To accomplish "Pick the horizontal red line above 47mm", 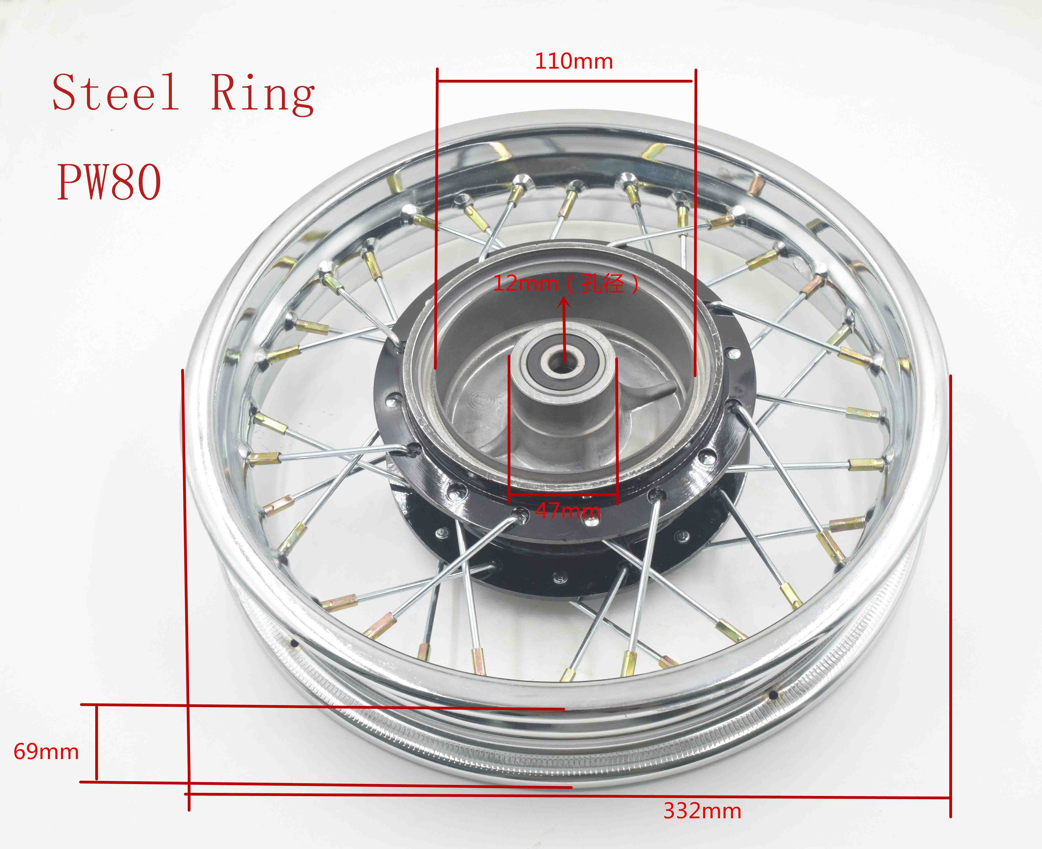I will coord(563,500).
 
